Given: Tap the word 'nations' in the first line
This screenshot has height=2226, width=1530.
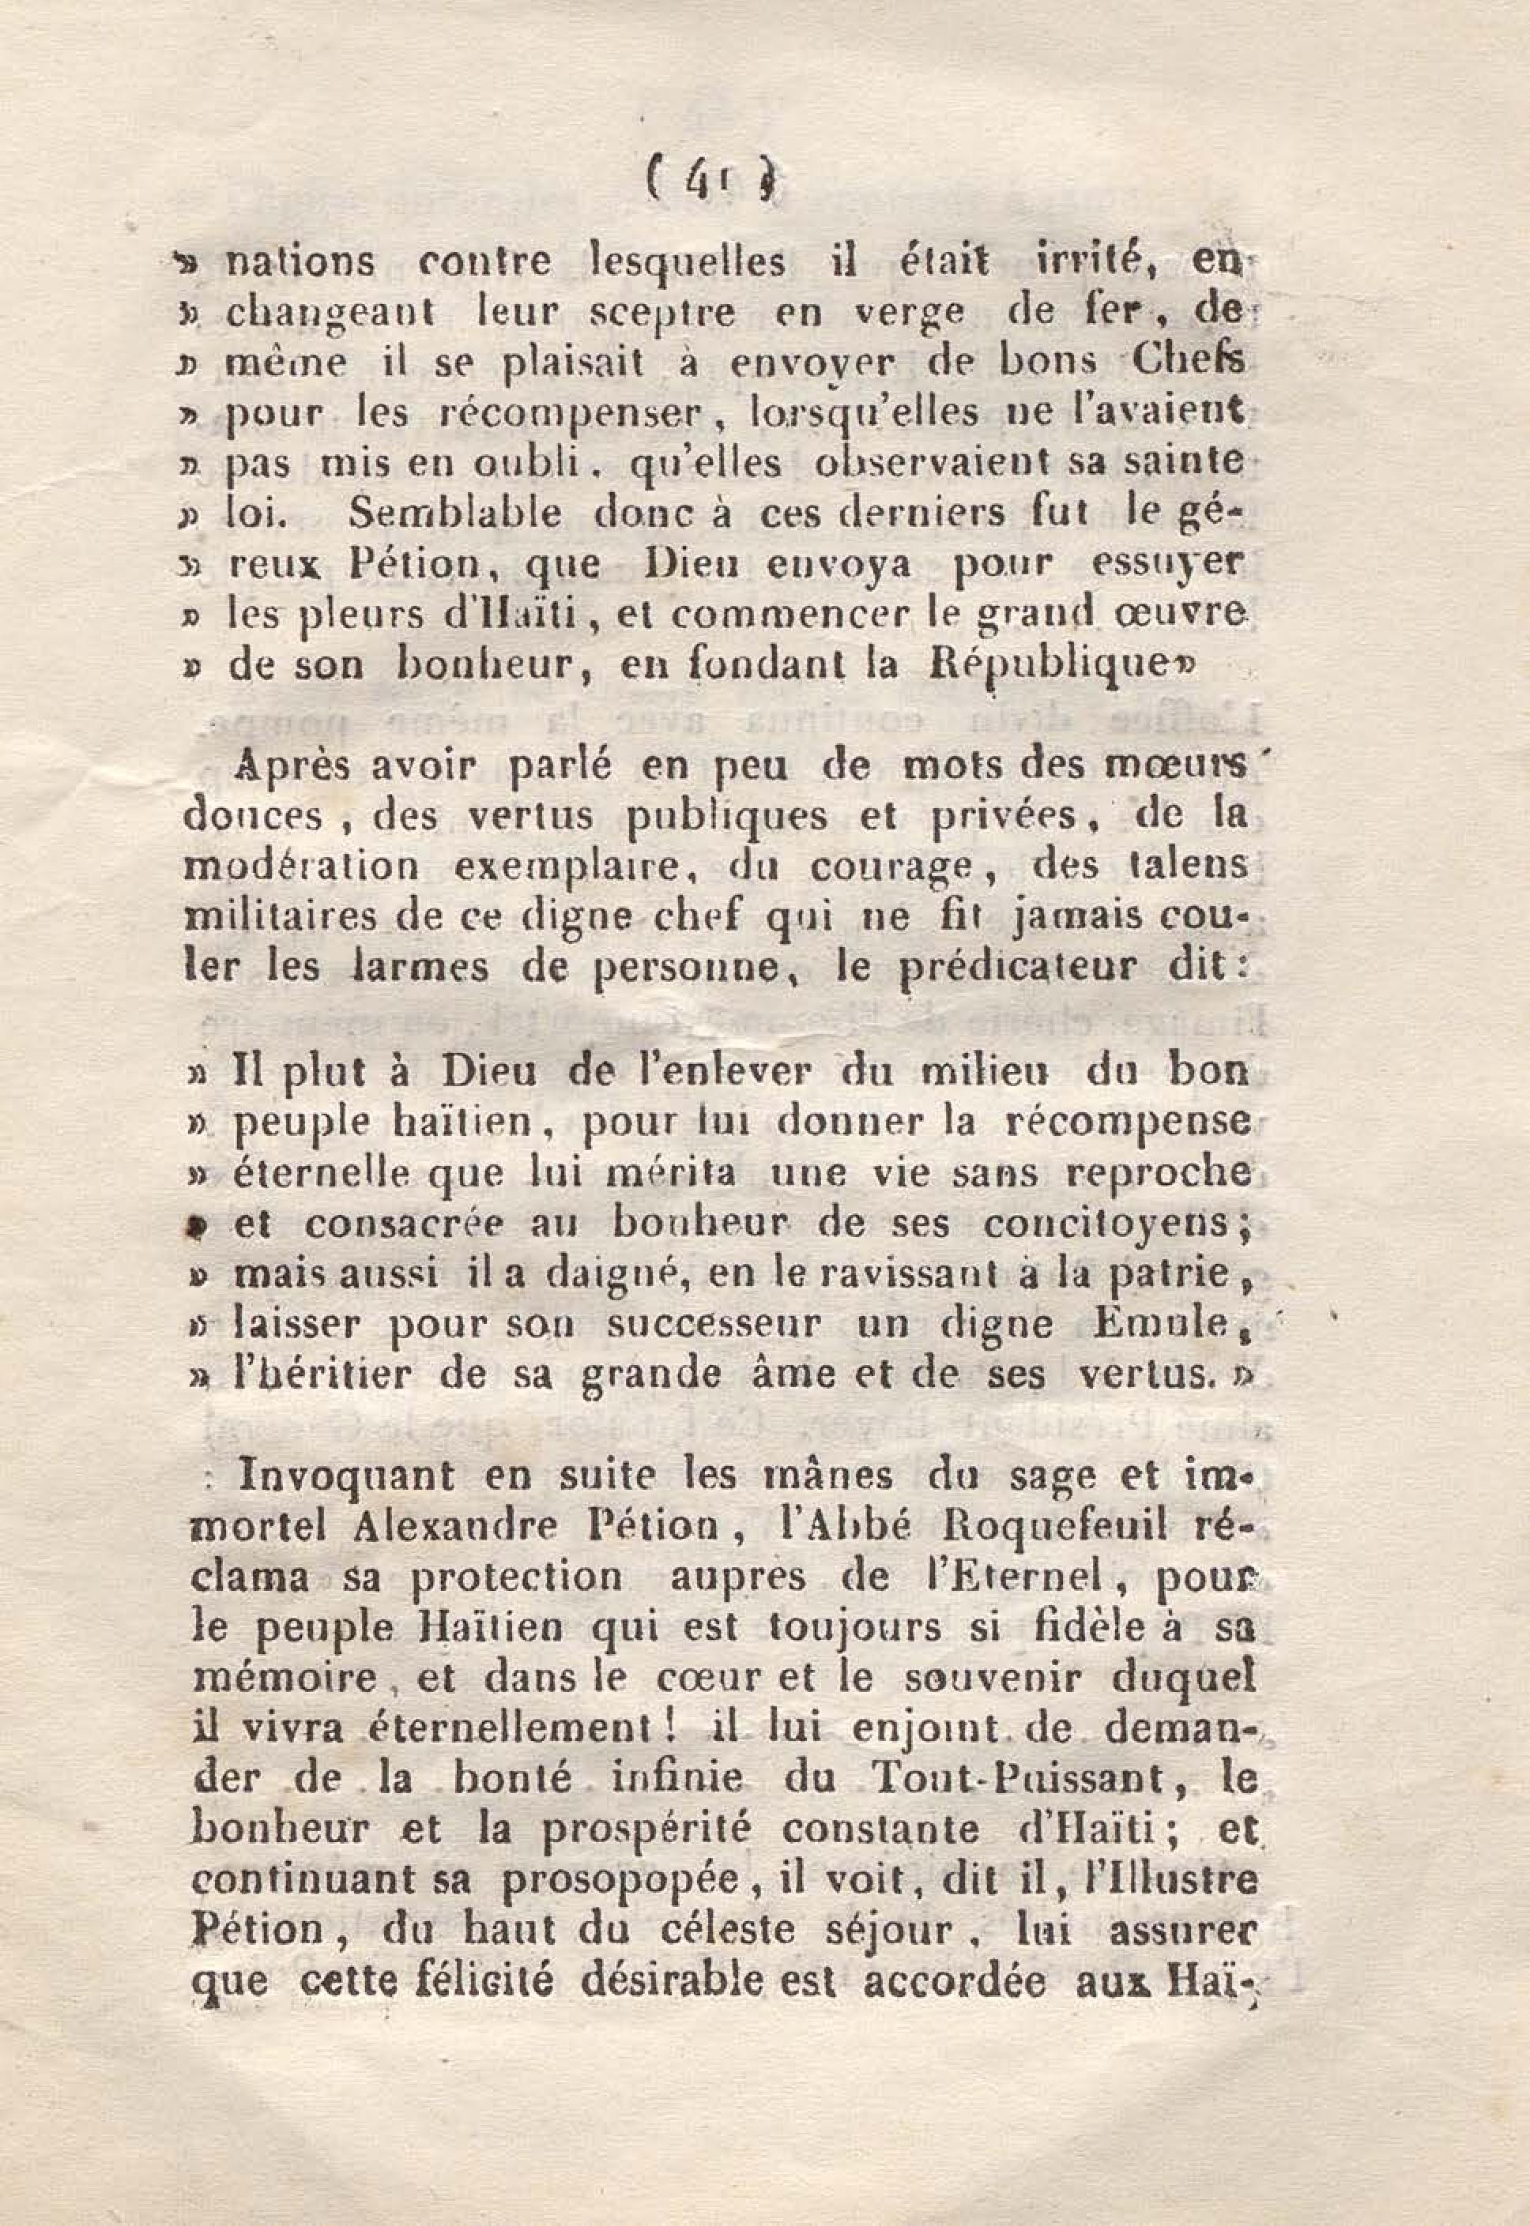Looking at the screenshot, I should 298,261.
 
